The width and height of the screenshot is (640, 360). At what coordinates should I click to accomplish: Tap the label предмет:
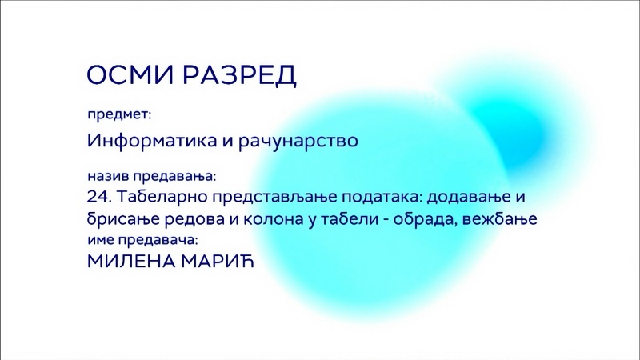coord(119,115)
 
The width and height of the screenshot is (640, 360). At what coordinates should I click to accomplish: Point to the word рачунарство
coord(298,142)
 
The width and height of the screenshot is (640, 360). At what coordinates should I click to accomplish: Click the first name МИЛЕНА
coord(131,262)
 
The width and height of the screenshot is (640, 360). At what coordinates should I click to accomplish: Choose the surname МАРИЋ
coord(218,262)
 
